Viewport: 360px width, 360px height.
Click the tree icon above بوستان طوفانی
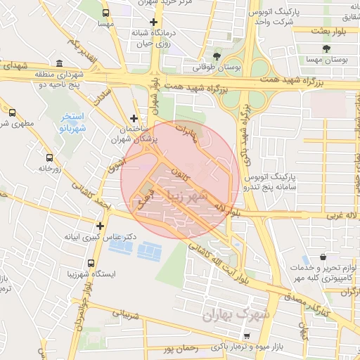pos(216,56)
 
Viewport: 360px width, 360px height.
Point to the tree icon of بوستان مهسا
pos(326,49)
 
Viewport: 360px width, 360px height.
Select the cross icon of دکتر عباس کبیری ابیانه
pos(101,226)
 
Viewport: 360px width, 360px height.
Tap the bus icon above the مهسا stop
pos(105,13)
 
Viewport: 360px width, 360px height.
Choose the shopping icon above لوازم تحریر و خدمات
pos(323,257)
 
